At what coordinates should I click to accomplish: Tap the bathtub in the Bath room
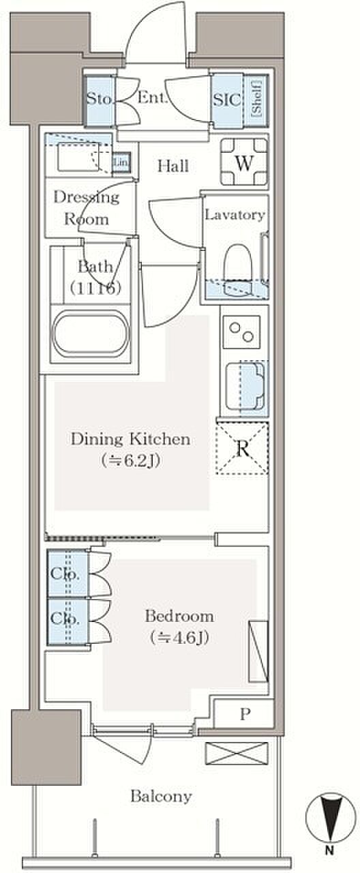pos(91,334)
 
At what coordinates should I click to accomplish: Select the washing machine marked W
pos(244,162)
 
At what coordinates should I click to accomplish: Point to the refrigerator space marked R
pos(242,449)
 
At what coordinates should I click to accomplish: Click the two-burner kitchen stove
pos(241,332)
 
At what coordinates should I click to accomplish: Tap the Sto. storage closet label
pos(99,98)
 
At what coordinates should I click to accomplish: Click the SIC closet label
pos(226,100)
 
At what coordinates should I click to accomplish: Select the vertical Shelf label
pos(257,98)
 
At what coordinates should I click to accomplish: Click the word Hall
pos(173,166)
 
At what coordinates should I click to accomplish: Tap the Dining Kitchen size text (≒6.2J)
pos(130,461)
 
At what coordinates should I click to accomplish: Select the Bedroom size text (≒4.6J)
pos(179,638)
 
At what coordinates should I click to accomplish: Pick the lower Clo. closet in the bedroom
pos(67,621)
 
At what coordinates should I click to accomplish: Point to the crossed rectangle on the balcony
pos(237,754)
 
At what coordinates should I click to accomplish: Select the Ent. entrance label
pos(152,97)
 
